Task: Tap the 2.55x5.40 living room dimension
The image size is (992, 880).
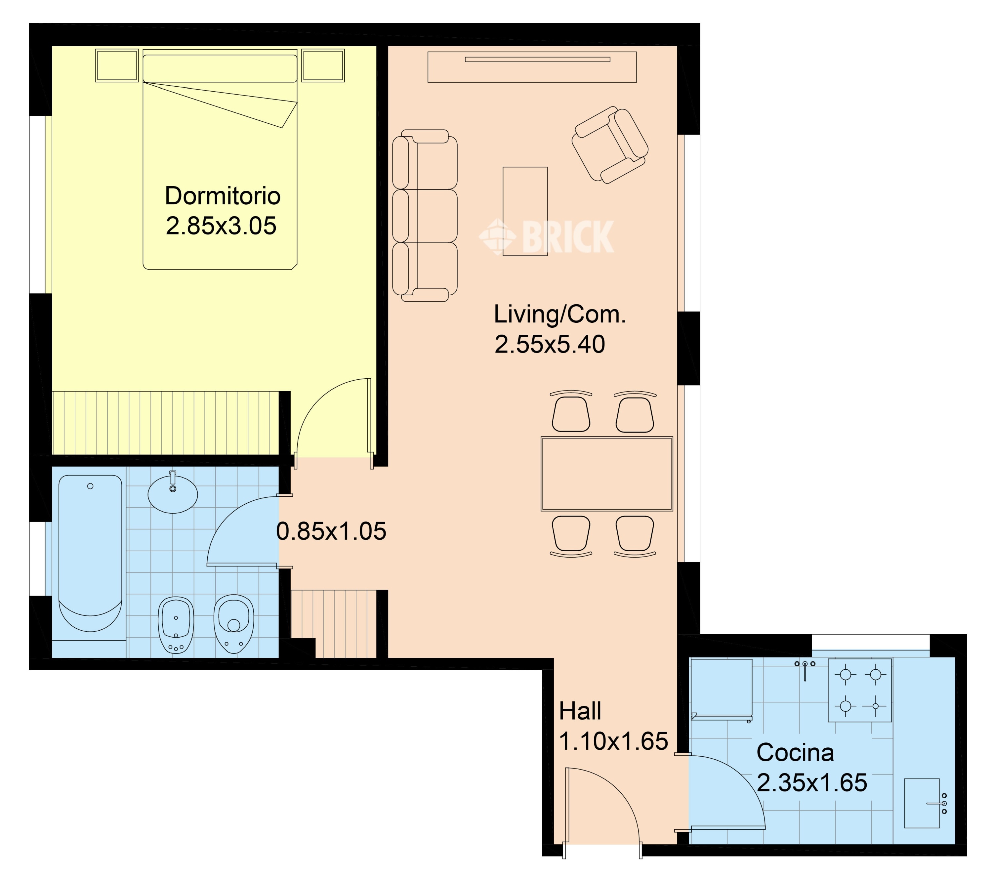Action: pos(550,345)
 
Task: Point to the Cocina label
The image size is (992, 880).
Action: pos(796,753)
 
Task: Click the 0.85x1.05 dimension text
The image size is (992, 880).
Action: pos(331,531)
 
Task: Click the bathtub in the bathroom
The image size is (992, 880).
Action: pos(90,553)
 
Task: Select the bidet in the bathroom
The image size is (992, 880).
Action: pos(176,625)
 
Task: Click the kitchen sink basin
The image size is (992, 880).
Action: pos(922,803)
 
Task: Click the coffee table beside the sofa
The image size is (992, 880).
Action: pos(525,211)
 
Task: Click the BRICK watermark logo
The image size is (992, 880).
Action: pos(547,236)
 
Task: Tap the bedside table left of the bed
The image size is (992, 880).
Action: pos(117,65)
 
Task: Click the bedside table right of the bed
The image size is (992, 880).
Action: pos(323,65)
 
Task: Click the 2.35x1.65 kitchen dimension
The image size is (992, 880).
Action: pos(812,783)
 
